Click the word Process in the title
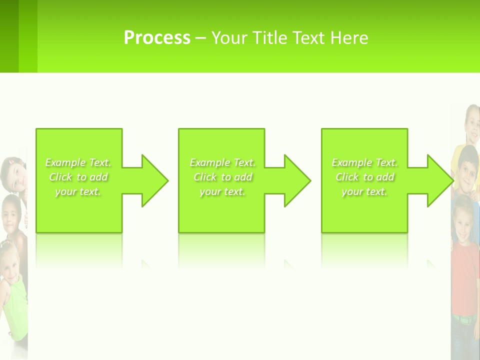click(x=157, y=38)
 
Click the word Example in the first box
click(x=65, y=162)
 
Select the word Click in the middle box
click(x=204, y=177)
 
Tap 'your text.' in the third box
click(x=364, y=191)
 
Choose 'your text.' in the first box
click(x=78, y=191)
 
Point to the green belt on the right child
click(x=466, y=319)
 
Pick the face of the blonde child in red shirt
click(x=462, y=225)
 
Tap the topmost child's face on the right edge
click(x=472, y=122)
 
